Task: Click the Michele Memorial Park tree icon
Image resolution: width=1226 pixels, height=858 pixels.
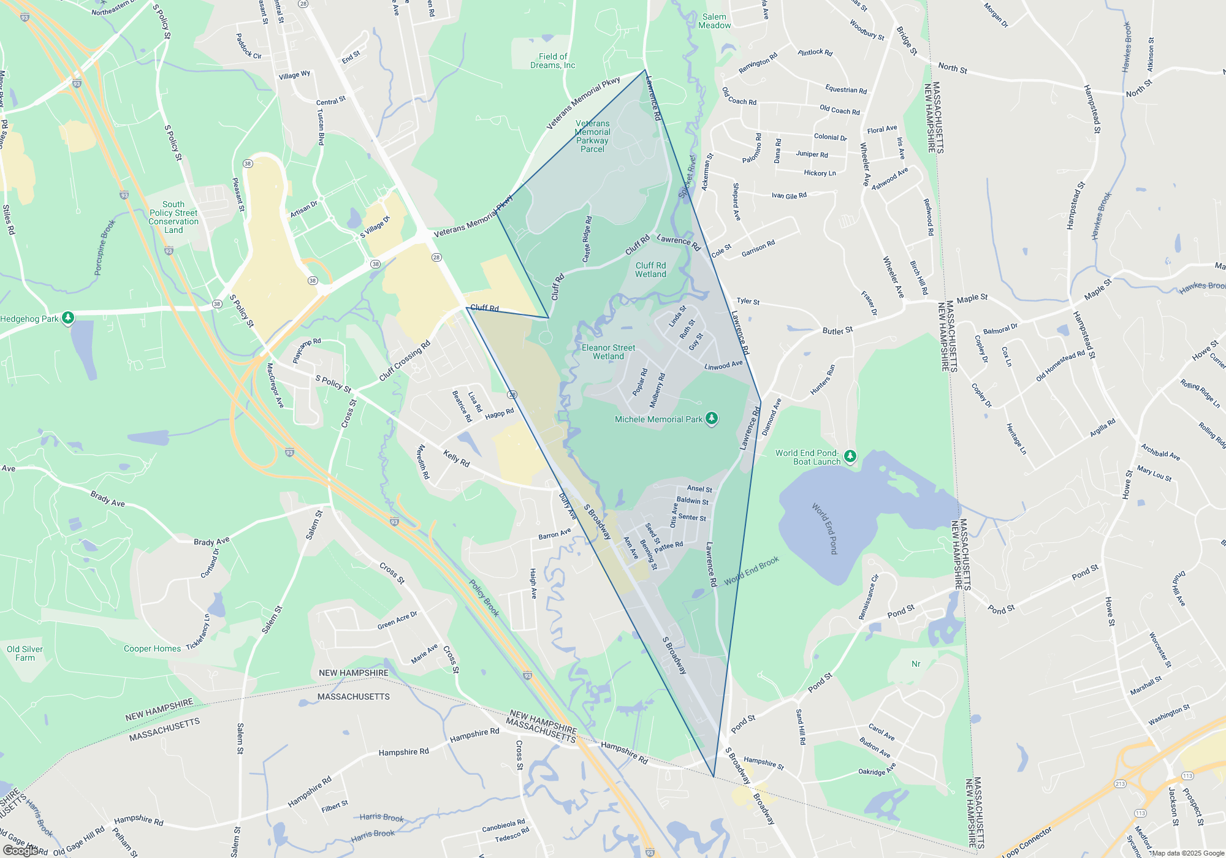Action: pos(711,419)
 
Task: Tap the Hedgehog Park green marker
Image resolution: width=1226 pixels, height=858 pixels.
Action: pos(68,317)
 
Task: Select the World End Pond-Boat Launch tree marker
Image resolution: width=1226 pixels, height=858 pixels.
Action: pos(850,456)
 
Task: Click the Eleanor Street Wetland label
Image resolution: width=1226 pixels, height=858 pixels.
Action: pos(608,352)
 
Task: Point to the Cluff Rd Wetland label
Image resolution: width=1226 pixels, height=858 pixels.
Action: pos(650,270)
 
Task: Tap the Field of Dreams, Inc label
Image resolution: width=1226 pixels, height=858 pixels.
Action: pos(552,61)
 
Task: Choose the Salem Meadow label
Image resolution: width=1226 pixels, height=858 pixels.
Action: pos(714,21)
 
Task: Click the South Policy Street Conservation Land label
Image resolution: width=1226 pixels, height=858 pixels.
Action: pos(173,217)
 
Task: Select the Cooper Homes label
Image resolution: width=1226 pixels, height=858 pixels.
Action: pos(152,648)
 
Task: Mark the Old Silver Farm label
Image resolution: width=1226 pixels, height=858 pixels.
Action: pos(25,653)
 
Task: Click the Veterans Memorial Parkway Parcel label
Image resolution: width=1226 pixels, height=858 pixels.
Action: pos(592,136)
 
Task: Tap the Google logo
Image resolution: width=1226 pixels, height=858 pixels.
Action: pos(21,850)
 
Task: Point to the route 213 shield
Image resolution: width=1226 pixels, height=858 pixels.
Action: pos(1120,784)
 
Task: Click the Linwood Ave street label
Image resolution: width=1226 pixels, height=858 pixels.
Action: pos(723,365)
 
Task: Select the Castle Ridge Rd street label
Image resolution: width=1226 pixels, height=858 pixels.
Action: pos(587,239)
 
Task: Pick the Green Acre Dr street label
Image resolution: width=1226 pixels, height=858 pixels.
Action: pos(397,620)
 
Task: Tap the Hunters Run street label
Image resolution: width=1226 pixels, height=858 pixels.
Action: pos(823,380)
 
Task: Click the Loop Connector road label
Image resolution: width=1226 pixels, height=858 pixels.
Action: pos(1027,841)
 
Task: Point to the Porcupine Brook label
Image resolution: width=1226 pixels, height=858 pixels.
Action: pos(105,248)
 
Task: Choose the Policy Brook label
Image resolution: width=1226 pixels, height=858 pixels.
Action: pos(484,598)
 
